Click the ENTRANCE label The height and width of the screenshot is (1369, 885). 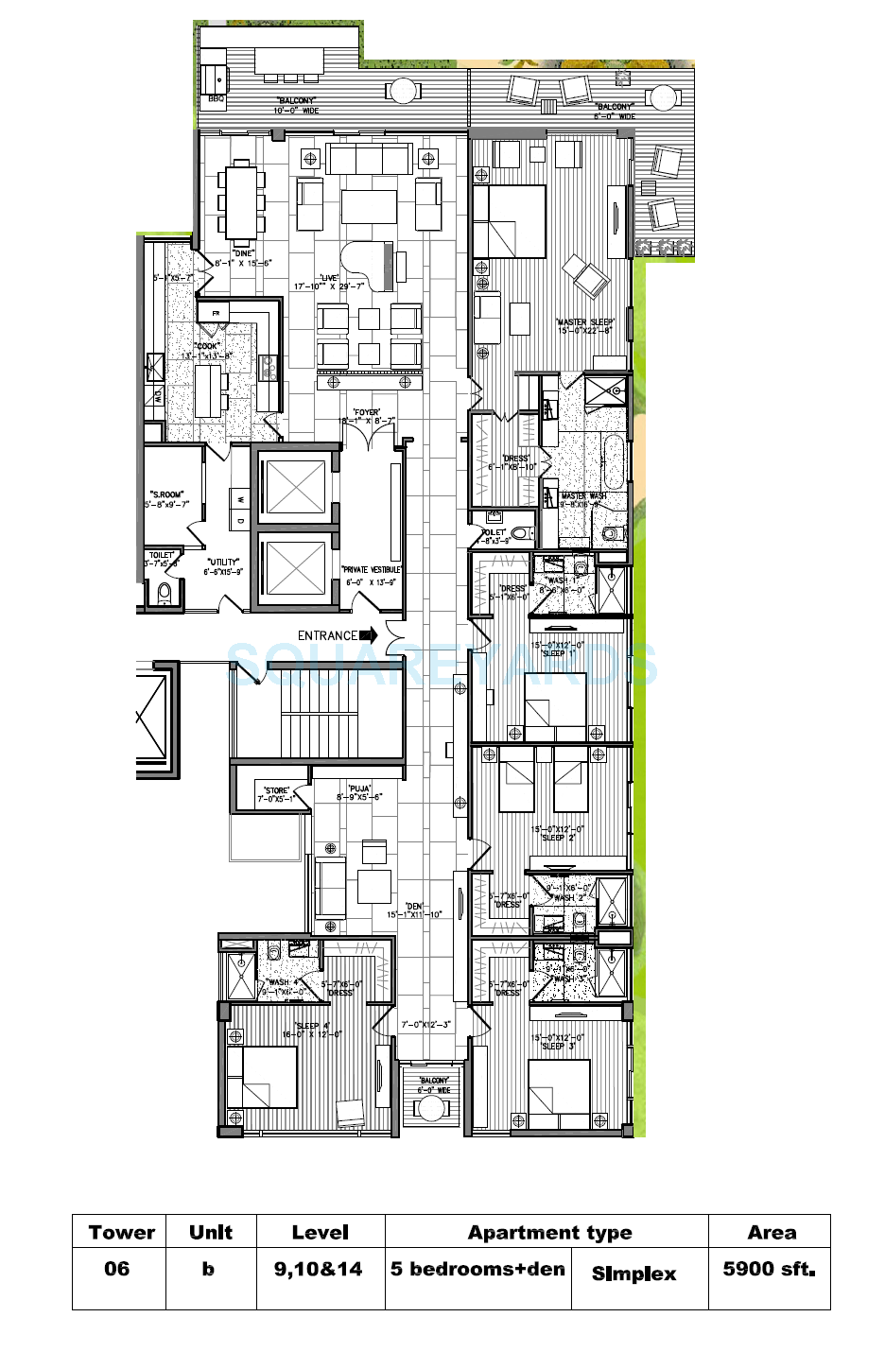coord(327,635)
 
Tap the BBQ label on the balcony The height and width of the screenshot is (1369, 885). coord(217,98)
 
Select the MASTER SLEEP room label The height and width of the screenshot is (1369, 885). coord(584,322)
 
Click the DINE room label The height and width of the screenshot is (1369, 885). coord(243,253)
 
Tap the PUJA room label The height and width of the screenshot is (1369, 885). coord(359,788)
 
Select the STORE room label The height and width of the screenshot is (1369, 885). coord(276,790)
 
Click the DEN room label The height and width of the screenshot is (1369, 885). coord(414,906)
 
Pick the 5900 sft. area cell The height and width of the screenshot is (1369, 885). coord(769,1269)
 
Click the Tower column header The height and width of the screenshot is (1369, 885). coord(120,1232)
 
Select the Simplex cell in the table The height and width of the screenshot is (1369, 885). coord(633,1274)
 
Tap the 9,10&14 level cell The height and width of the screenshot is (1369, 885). coord(319,1269)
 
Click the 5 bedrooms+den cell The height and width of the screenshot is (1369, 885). coord(478,1269)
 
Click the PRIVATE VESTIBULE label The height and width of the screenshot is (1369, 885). coord(371,570)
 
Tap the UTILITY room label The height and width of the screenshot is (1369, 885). coord(224,563)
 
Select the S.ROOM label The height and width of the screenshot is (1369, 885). coord(166,494)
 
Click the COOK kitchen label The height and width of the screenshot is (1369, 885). coord(207,346)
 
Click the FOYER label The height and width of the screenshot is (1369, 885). coord(367,412)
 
